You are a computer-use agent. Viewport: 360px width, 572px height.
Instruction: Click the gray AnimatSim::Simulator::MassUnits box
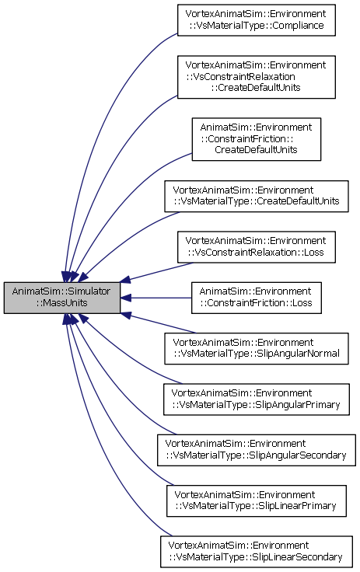point(62,298)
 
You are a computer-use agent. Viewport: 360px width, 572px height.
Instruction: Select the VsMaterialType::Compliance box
point(257,20)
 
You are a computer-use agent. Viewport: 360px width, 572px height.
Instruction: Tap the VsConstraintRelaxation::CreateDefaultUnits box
point(257,77)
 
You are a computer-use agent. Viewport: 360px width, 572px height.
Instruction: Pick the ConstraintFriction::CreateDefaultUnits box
point(257,139)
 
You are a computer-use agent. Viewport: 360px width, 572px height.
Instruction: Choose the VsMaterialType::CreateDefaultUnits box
point(257,196)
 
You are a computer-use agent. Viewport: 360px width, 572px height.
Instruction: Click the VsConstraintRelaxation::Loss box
point(257,247)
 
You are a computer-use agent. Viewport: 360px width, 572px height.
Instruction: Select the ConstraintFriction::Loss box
point(257,298)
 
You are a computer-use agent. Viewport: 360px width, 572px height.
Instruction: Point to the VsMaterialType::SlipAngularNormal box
point(257,348)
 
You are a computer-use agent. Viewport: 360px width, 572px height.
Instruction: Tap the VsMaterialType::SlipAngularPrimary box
point(257,399)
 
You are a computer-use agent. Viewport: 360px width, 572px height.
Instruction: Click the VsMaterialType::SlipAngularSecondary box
point(257,450)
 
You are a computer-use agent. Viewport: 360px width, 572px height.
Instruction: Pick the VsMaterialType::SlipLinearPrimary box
point(257,500)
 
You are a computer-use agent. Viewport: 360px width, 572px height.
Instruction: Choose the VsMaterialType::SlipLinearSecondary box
point(257,552)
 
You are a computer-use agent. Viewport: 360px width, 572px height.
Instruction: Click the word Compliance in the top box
point(299,26)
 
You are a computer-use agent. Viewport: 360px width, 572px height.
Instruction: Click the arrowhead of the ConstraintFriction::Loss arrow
point(126,298)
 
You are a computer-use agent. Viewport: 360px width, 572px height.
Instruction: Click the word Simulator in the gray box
point(84,291)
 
